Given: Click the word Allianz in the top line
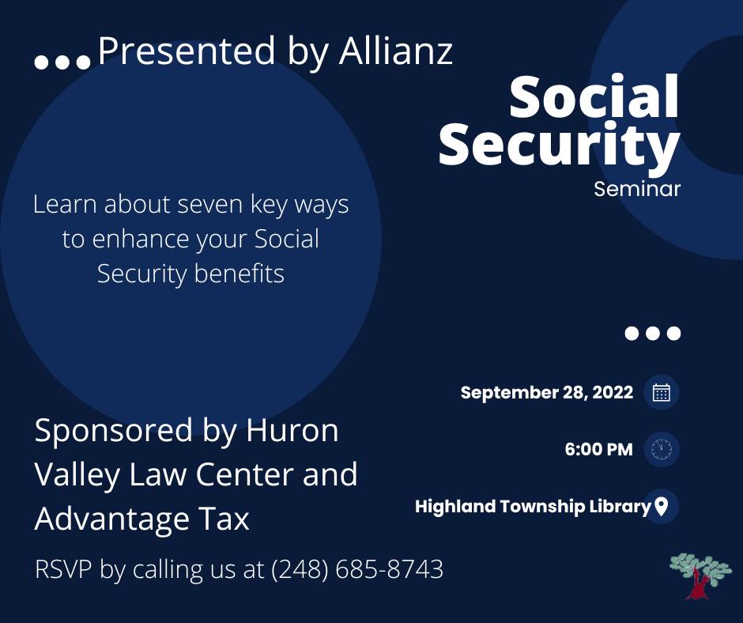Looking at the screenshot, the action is pyautogui.click(x=396, y=51).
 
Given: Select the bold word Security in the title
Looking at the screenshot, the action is pyautogui.click(x=560, y=144).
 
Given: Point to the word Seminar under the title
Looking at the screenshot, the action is pyautogui.click(x=637, y=189).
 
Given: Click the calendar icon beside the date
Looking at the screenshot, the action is pyautogui.click(x=662, y=393).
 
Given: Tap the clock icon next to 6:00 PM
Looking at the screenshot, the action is pyautogui.click(x=662, y=449).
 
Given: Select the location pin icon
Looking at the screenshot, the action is pyautogui.click(x=661, y=506).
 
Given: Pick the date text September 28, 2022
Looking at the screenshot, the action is pyautogui.click(x=547, y=393).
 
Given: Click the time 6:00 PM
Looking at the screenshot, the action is pyautogui.click(x=598, y=449).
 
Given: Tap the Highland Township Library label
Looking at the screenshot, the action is pyautogui.click(x=533, y=506).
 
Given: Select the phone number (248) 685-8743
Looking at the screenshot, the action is pyautogui.click(x=357, y=569).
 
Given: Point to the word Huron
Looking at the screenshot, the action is pyautogui.click(x=292, y=431).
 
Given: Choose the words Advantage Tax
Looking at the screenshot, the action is pyautogui.click(x=141, y=519).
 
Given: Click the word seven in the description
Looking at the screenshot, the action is pyautogui.click(x=210, y=204).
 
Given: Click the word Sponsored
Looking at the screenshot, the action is pyautogui.click(x=113, y=431).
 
